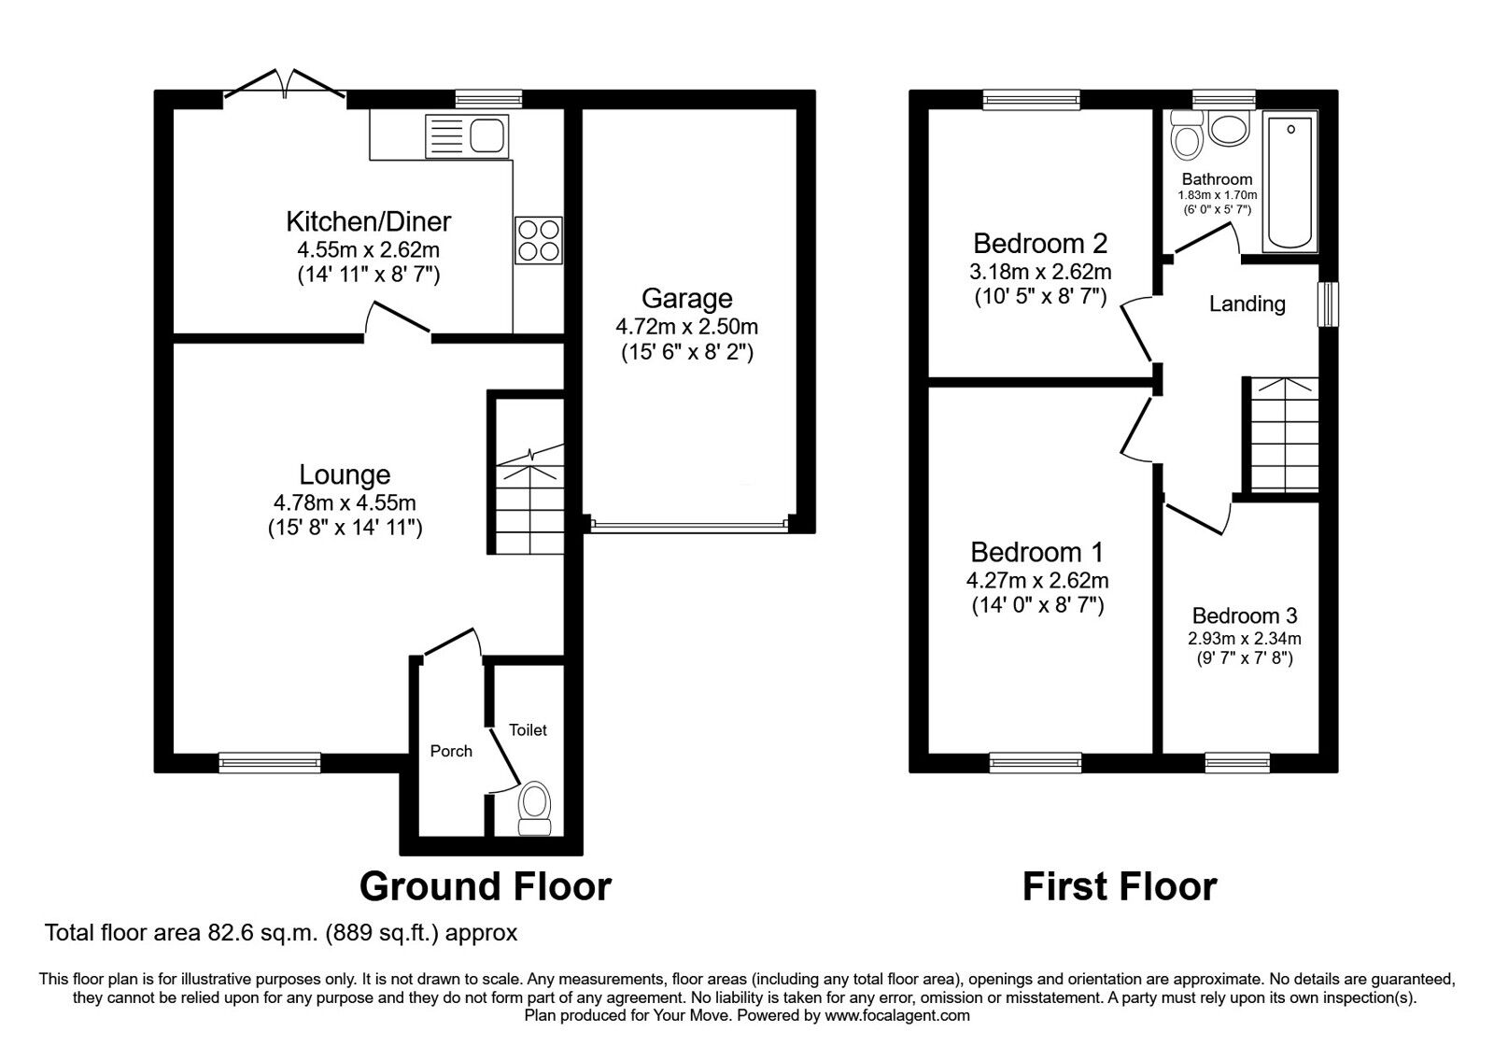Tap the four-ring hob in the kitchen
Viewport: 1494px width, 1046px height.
[x=539, y=240]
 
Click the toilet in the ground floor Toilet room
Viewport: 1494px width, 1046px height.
[x=535, y=808]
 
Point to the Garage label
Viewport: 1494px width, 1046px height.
[x=686, y=299]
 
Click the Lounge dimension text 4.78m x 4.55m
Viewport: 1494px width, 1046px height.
[x=344, y=503]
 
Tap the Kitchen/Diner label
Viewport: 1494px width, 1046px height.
[x=368, y=221]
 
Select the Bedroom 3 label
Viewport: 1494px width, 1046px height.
[x=1244, y=615]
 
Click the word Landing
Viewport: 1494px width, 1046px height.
[x=1247, y=304]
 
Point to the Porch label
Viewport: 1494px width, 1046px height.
[x=451, y=751]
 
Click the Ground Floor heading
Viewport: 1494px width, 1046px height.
[x=485, y=885]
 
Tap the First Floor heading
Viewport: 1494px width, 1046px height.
[x=1119, y=885]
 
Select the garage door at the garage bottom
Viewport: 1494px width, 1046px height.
[x=688, y=526]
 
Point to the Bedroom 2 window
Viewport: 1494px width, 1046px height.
[x=1031, y=98]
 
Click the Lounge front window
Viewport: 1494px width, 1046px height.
[x=270, y=763]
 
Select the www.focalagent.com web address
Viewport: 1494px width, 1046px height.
[x=897, y=1015]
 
